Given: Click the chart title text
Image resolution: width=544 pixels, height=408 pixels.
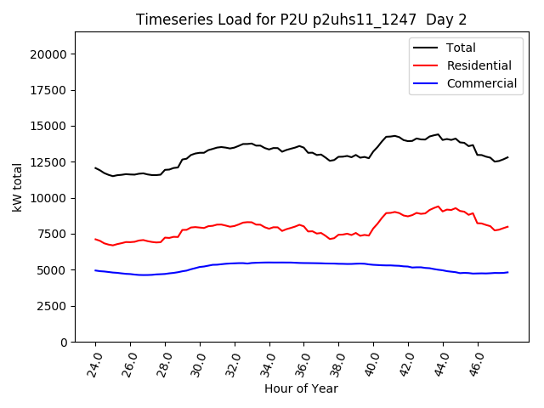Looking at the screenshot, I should [x=302, y=20].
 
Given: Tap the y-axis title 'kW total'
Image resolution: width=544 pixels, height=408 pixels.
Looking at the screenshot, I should [x=18, y=186].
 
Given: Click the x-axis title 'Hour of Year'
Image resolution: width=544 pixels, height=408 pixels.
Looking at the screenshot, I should [x=301, y=388].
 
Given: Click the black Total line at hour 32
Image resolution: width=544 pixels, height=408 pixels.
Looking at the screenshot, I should [x=235, y=146].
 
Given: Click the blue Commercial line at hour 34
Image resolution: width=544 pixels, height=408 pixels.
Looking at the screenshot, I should [x=269, y=263].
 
